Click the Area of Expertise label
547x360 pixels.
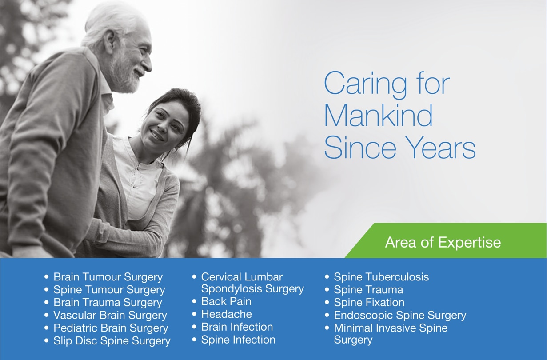[x=443, y=242]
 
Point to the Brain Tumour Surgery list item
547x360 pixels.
[x=108, y=277]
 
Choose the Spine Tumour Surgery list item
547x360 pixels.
[x=109, y=290]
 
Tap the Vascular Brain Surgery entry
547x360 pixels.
[x=110, y=316]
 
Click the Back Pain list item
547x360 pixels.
[x=226, y=302]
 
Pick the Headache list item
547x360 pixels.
[x=226, y=314]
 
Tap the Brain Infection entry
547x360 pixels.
[x=237, y=327]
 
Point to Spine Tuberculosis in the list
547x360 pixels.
[x=381, y=277]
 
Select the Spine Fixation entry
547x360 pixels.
[x=369, y=303]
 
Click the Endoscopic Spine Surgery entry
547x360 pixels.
[x=400, y=316]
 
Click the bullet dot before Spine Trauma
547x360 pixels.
[x=327, y=290]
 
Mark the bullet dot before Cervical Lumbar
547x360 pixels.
[x=194, y=277]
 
